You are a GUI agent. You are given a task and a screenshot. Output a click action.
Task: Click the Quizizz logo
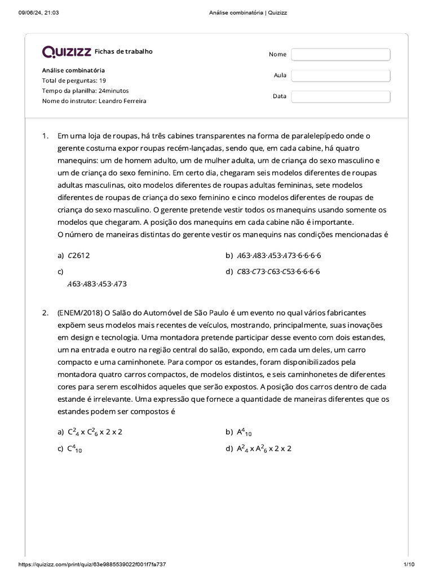coord(67,52)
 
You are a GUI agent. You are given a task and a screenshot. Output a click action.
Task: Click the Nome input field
coord(341,54)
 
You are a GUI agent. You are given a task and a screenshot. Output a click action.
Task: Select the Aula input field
coord(341,76)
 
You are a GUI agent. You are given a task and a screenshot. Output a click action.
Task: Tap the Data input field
coord(341,96)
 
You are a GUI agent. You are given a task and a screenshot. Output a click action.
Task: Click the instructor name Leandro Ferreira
coord(122,101)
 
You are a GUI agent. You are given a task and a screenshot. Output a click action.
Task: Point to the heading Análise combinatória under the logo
coord(73,70)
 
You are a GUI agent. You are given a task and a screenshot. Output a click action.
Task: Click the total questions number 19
coord(102,81)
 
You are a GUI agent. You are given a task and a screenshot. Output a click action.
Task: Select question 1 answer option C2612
coord(78,255)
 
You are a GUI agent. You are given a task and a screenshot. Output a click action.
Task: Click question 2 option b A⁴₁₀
coord(244,432)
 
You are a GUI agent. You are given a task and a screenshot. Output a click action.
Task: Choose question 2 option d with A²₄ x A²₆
coord(264,449)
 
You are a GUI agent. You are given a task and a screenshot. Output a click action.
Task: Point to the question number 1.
coord(45,136)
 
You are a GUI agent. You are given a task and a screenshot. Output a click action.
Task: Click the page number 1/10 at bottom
coord(409,565)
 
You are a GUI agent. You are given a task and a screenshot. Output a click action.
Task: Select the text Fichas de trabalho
coord(124,52)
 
